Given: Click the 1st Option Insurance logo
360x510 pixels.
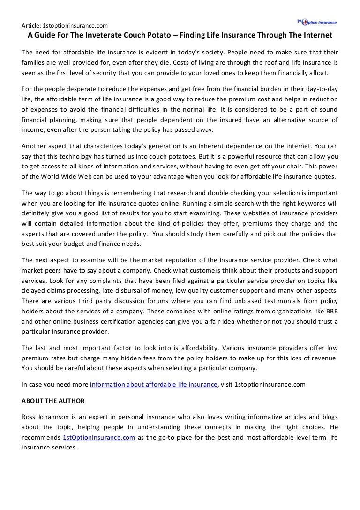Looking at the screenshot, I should (x=316, y=22).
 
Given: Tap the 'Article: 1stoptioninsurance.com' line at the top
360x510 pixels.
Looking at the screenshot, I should (x=65, y=25).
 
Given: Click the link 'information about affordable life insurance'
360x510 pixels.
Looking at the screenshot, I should (x=154, y=384).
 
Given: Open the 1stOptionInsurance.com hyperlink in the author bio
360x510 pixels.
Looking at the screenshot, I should (x=99, y=437).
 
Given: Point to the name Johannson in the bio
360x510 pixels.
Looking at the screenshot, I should (x=59, y=417).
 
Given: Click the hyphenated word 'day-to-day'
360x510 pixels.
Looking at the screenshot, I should (x=321, y=89).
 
